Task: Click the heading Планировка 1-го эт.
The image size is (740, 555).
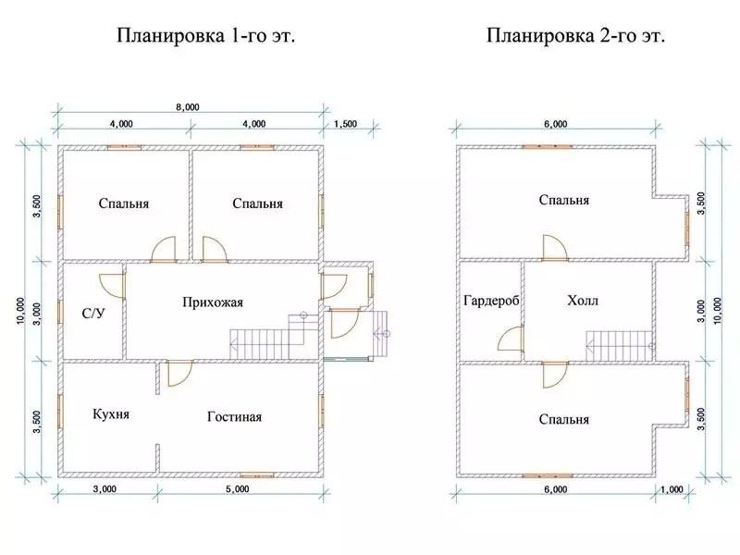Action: (x=205, y=36)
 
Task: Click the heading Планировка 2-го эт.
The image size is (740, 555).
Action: (x=575, y=36)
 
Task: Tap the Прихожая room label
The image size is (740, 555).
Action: (x=213, y=302)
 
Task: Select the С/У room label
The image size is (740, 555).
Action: (x=93, y=314)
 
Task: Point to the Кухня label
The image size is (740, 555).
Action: (x=111, y=414)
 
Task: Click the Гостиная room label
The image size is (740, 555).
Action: (x=235, y=417)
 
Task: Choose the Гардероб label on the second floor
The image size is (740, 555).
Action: (x=491, y=302)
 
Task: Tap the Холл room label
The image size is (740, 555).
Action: (x=583, y=301)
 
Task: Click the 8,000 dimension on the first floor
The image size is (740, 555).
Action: (x=188, y=107)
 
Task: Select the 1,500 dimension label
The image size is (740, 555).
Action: (x=345, y=124)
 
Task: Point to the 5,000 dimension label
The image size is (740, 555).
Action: (x=238, y=489)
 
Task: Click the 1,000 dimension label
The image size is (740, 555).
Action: (x=672, y=489)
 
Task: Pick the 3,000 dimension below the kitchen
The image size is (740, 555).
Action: (x=105, y=489)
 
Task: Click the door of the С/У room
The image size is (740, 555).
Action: (x=113, y=285)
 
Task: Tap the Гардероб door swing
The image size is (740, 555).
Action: (x=511, y=339)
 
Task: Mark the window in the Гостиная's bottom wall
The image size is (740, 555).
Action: (x=257, y=475)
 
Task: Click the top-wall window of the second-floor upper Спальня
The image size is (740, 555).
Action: (x=547, y=147)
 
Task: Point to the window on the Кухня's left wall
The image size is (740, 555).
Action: (x=60, y=412)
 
